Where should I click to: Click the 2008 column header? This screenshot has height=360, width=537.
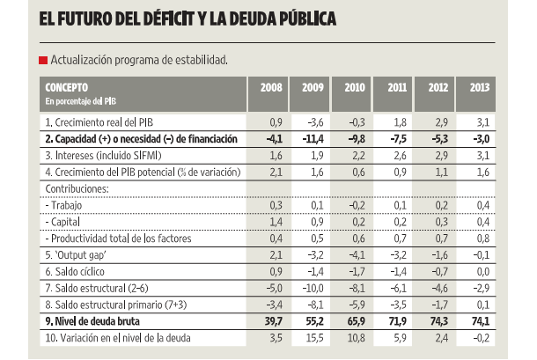(x=270, y=88)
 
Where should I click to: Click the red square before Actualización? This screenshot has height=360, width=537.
(x=43, y=60)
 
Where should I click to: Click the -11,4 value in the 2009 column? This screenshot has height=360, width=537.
(x=313, y=139)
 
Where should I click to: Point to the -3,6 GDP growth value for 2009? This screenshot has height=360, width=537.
(x=313, y=122)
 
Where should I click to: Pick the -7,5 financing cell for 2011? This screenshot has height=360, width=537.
(x=398, y=139)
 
